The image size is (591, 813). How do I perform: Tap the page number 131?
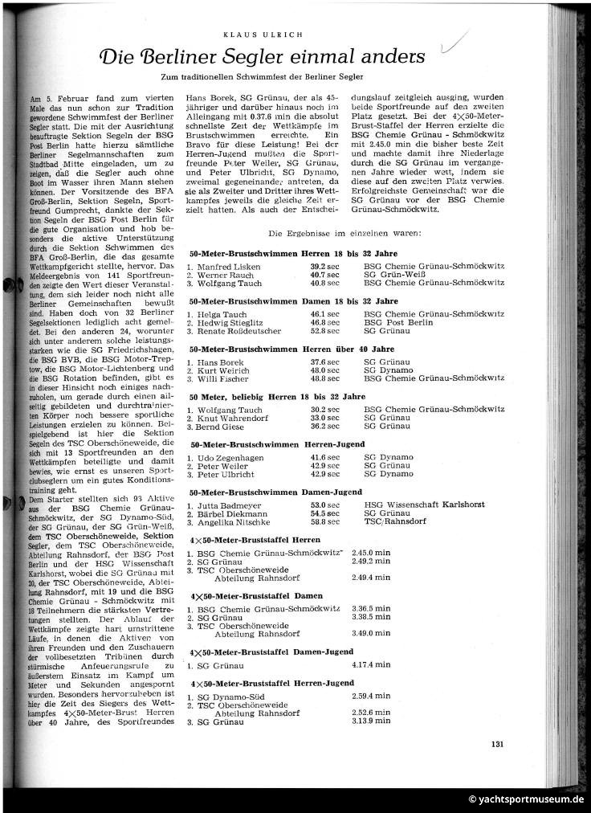[x=497, y=744]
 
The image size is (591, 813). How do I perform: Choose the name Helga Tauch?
[x=219, y=313]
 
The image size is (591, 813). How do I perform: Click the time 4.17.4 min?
[x=371, y=665]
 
